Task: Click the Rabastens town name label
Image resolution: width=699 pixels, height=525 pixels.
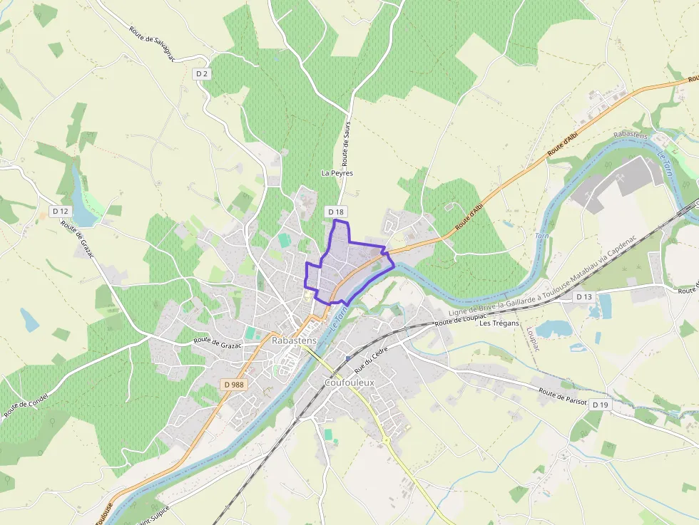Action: click(x=294, y=341)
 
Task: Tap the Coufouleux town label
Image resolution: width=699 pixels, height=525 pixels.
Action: click(x=349, y=383)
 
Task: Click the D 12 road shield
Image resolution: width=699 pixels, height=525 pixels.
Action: click(x=61, y=212)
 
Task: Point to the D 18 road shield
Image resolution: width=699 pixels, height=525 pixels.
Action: click(x=336, y=212)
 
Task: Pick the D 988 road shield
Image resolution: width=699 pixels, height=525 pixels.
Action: click(x=233, y=384)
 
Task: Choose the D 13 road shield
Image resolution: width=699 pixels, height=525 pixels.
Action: click(x=583, y=296)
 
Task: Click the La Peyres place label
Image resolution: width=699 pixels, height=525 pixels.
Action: click(x=337, y=173)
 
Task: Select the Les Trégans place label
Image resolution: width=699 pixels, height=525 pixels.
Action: click(x=499, y=323)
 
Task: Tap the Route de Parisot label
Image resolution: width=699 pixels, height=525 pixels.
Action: click(x=563, y=397)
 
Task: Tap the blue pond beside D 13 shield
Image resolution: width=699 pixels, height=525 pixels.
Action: click(x=605, y=306)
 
